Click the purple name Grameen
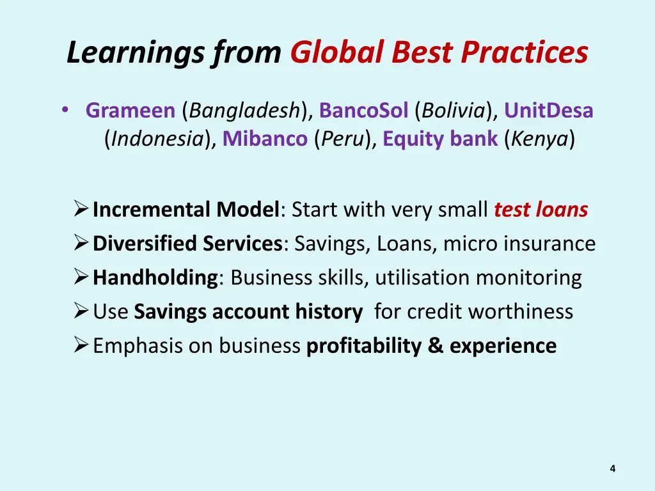[130, 111]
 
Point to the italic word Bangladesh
[244, 111]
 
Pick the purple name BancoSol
[363, 111]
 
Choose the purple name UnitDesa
[549, 111]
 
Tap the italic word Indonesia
[157, 139]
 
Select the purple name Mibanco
[265, 139]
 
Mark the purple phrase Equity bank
[440, 139]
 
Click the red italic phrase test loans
[541, 210]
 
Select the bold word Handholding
[155, 278]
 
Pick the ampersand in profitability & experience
[436, 346]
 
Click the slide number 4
[612, 469]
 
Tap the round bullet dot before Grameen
[65, 110]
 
